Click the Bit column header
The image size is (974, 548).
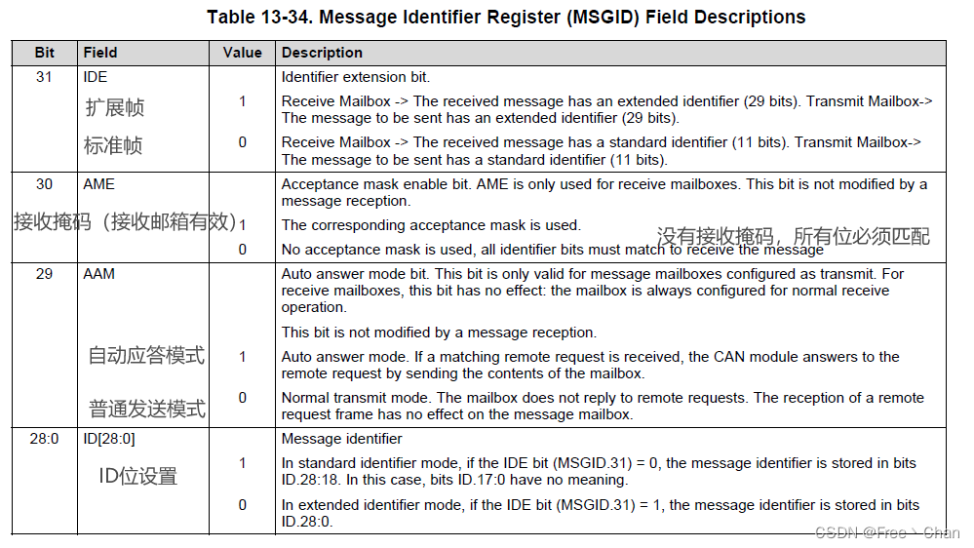click(45, 53)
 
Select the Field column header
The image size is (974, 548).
click(100, 53)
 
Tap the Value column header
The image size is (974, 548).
click(242, 53)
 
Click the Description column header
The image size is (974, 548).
click(322, 53)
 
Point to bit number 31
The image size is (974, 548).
click(45, 76)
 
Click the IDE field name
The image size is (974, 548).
click(96, 76)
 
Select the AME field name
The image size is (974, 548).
click(98, 183)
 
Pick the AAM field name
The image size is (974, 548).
click(98, 274)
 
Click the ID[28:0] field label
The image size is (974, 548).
click(109, 439)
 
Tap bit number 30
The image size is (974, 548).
click(45, 183)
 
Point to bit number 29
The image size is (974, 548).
click(45, 274)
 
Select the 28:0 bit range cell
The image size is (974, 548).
click(45, 439)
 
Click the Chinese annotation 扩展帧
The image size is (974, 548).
click(114, 107)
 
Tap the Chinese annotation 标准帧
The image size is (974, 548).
click(113, 146)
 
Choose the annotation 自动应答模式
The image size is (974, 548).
click(146, 356)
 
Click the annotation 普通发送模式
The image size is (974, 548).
click(147, 409)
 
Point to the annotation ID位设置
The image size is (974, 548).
click(138, 477)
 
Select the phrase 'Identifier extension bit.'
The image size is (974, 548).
click(355, 76)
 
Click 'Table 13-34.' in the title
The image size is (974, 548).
click(256, 17)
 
